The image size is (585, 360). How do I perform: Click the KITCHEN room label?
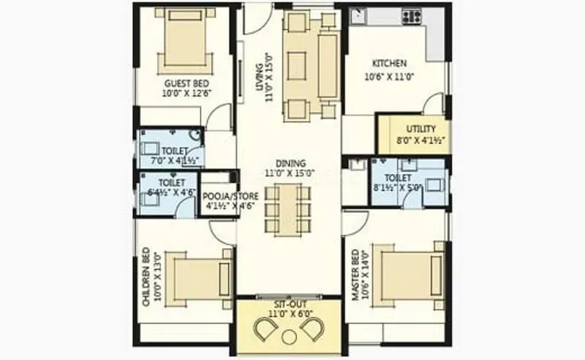pyautogui.click(x=389, y=64)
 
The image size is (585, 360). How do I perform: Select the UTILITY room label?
pyautogui.click(x=420, y=129)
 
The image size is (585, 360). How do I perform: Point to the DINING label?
pyautogui.click(x=291, y=163)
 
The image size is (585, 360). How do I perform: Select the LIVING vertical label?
pyautogui.click(x=259, y=83)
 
